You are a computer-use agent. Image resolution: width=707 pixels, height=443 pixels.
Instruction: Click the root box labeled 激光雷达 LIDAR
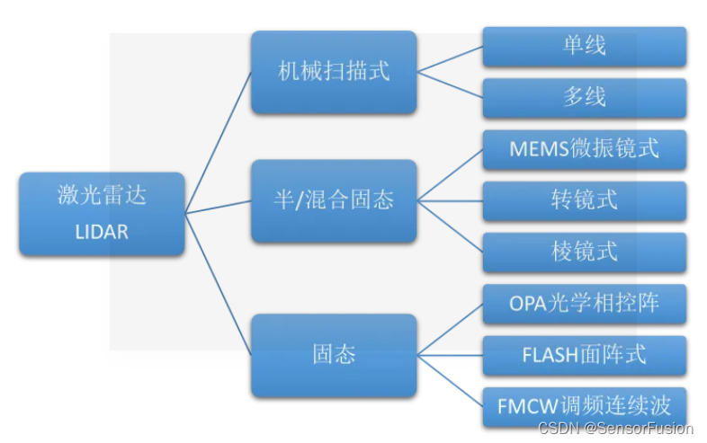pos(102,213)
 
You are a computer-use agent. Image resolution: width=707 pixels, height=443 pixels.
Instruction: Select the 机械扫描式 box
pos(334,72)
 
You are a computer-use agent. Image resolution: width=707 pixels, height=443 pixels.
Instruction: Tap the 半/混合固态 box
pos(334,200)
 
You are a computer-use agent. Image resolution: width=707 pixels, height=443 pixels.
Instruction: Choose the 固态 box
pos(334,355)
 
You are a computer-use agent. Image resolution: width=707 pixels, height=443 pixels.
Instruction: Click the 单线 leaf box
pos(585,46)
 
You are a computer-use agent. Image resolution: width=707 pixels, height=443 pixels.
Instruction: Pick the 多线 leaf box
pos(585,97)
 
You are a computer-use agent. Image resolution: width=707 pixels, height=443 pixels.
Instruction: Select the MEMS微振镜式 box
pos(585,148)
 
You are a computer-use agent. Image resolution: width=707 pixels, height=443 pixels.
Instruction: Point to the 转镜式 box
pos(585,200)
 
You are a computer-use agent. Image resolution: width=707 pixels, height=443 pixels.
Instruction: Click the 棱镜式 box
pos(585,252)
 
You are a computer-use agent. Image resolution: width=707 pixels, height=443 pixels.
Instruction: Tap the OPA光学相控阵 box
pos(585,304)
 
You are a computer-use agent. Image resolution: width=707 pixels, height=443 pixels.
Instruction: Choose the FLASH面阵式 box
pos(585,355)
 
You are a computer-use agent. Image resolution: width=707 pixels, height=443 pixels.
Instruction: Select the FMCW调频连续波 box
pos(585,406)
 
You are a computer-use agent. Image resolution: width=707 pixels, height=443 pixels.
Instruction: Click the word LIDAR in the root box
pos(102,232)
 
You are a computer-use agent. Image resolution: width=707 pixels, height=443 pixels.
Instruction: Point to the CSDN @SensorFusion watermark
pos(616,429)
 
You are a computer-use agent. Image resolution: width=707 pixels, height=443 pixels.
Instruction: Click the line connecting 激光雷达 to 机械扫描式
pos(219,142)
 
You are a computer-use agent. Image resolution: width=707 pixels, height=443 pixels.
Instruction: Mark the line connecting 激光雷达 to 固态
pos(219,284)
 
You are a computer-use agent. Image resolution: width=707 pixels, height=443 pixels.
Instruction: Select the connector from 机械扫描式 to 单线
pos(450,59)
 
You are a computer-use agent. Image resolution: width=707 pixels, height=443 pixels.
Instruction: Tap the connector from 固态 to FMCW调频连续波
pos(450,381)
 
